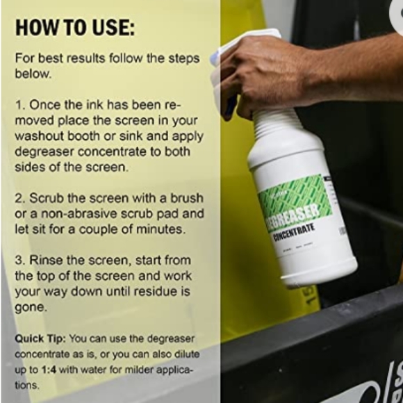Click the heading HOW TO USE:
[75, 28]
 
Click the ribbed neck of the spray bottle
[278, 126]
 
